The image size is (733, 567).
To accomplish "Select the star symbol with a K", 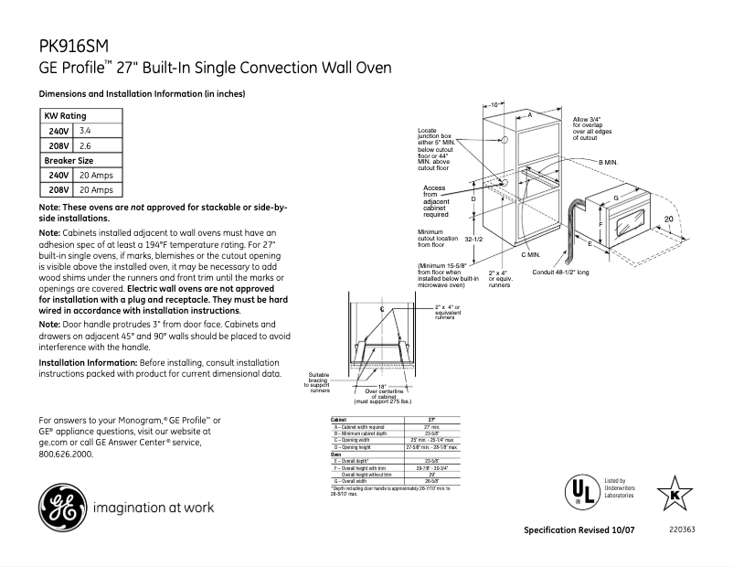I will coord(675,494).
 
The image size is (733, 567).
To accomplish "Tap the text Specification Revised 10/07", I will coord(580,531).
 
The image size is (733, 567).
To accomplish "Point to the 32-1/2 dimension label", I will coord(473,239).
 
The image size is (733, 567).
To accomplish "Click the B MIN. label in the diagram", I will coord(609,162).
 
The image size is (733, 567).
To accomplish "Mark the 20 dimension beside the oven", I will coord(669,219).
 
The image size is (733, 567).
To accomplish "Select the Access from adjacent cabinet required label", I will coord(436,200).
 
